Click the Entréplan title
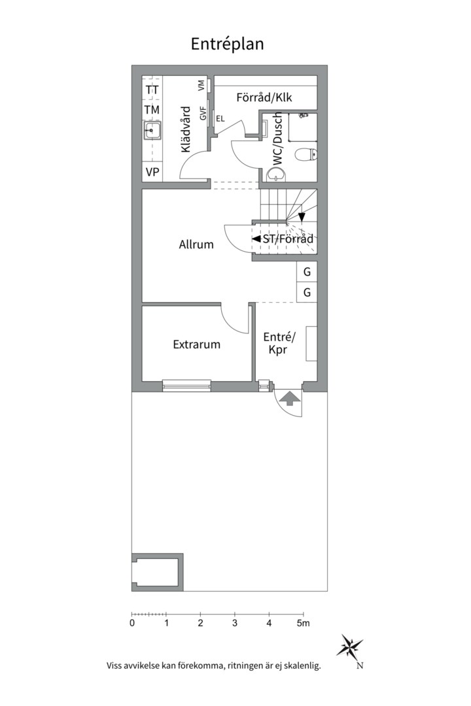[x=227, y=44]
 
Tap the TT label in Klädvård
[x=152, y=90]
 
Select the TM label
[x=152, y=110]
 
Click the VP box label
[x=152, y=172]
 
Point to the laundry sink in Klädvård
[x=152, y=131]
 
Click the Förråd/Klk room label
[x=264, y=97]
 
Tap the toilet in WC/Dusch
[x=305, y=155]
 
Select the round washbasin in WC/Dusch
[x=276, y=175]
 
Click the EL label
[x=220, y=119]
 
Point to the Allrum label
[x=196, y=244]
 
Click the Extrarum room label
[x=196, y=345]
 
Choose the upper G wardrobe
[x=307, y=271]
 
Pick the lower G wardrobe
[x=307, y=292]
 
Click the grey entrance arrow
[x=289, y=398]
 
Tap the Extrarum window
[x=186, y=385]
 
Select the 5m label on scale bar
[x=303, y=624]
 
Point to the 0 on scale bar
[x=132, y=624]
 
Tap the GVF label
[x=203, y=113]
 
